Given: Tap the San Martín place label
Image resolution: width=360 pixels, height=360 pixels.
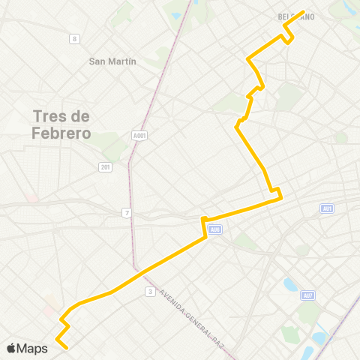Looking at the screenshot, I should click(x=112, y=61).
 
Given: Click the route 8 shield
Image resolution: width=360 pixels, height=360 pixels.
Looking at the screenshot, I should click(x=73, y=39).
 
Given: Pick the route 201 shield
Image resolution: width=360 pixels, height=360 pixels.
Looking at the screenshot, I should click(x=105, y=166).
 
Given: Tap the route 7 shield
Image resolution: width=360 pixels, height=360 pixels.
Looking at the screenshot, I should click(x=127, y=214).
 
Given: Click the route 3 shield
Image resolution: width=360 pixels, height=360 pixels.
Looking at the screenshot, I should click(x=151, y=291).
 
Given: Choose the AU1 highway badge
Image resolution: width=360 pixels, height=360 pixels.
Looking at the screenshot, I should click(x=326, y=208).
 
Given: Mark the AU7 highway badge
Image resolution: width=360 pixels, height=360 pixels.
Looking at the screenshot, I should click(x=307, y=295).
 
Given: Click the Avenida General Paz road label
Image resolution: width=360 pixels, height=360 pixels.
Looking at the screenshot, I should click(x=192, y=316).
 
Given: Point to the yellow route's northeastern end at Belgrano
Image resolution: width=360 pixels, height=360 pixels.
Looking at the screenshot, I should click(x=303, y=12).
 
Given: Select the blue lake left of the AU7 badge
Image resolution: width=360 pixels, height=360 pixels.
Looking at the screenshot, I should click(x=290, y=285).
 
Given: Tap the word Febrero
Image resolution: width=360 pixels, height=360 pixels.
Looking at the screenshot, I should click(x=61, y=134).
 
